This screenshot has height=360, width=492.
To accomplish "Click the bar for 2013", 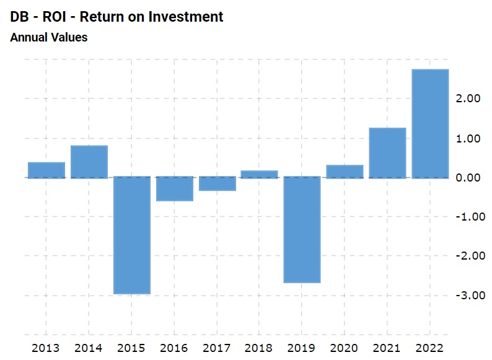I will [46, 170].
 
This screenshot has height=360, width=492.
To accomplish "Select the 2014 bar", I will [89, 162].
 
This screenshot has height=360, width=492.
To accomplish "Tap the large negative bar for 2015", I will [132, 235].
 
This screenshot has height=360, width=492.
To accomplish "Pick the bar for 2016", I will [175, 189].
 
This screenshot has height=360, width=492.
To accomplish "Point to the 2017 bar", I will [217, 184].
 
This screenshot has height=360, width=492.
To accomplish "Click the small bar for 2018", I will [260, 174].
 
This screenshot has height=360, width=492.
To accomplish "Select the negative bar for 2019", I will [302, 230].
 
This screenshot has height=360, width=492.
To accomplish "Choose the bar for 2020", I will [345, 172].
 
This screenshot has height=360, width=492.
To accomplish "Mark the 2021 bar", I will [388, 153].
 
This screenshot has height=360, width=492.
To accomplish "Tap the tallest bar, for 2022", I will [431, 124].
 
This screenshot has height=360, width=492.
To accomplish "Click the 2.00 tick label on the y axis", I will [468, 99].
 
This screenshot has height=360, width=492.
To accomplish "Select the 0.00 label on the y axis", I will [468, 178].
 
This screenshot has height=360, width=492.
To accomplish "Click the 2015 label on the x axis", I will [132, 347].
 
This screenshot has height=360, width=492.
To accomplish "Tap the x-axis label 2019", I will [302, 347].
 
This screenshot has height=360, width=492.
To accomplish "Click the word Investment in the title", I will [186, 17].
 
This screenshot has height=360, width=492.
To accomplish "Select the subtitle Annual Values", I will [49, 37].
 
